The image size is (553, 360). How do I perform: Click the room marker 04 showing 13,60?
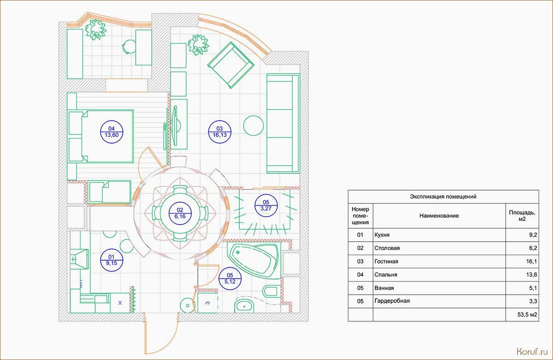point(112,132)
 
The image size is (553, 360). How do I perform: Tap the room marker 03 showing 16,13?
point(219,132)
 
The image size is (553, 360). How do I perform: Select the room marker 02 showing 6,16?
point(180,213)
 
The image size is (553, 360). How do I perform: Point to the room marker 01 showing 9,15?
point(112,260)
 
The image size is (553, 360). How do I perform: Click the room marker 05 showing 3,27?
point(266,206)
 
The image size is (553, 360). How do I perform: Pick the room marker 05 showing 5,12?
point(230,279)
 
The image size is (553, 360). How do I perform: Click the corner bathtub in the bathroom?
point(254,261)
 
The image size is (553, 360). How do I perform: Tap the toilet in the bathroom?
point(271,291)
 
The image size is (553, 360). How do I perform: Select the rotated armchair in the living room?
point(231,65)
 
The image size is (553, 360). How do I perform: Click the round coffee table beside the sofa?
point(253,126)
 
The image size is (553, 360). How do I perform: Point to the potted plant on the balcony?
point(96,29)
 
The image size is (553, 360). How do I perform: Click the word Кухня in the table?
point(382,235)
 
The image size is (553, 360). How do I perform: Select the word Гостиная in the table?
point(386,261)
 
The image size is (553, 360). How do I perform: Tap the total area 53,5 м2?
point(527,314)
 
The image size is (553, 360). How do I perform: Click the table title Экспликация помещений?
point(443,197)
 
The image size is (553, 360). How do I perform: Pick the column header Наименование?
point(439,216)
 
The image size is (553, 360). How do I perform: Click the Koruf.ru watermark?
point(532,351)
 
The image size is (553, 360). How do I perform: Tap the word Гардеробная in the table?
point(392,301)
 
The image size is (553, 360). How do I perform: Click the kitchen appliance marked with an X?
point(120,303)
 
